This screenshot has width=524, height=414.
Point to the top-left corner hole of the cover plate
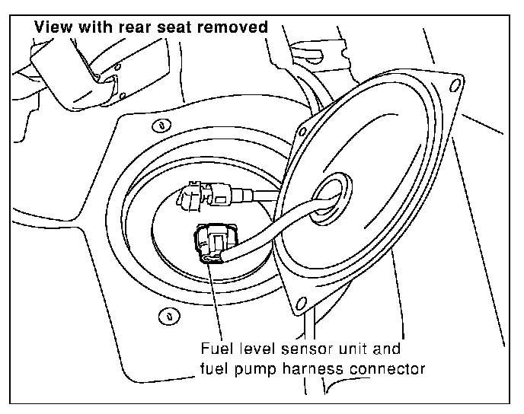coord(302,132)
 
